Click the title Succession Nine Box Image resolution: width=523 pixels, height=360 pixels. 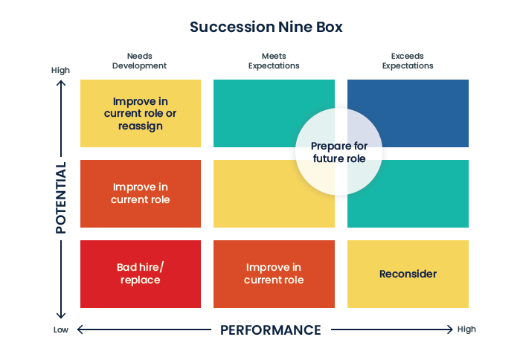266,27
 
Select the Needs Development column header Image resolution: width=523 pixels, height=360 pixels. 139,60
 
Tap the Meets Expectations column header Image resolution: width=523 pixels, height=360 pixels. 274,60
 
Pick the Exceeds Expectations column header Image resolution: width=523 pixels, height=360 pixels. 408,60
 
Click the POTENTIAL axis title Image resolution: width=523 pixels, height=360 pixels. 61,198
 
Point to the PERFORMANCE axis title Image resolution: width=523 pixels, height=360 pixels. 271,330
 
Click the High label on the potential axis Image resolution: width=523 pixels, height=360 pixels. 60,70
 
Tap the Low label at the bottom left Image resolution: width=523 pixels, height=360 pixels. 60,330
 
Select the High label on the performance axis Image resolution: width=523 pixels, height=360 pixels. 466,329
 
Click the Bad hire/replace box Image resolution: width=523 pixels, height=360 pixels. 140,274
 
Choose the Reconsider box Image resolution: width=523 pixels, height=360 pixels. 408,274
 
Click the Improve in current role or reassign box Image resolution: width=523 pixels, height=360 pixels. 140,113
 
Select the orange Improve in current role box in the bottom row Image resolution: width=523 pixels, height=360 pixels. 274,274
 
